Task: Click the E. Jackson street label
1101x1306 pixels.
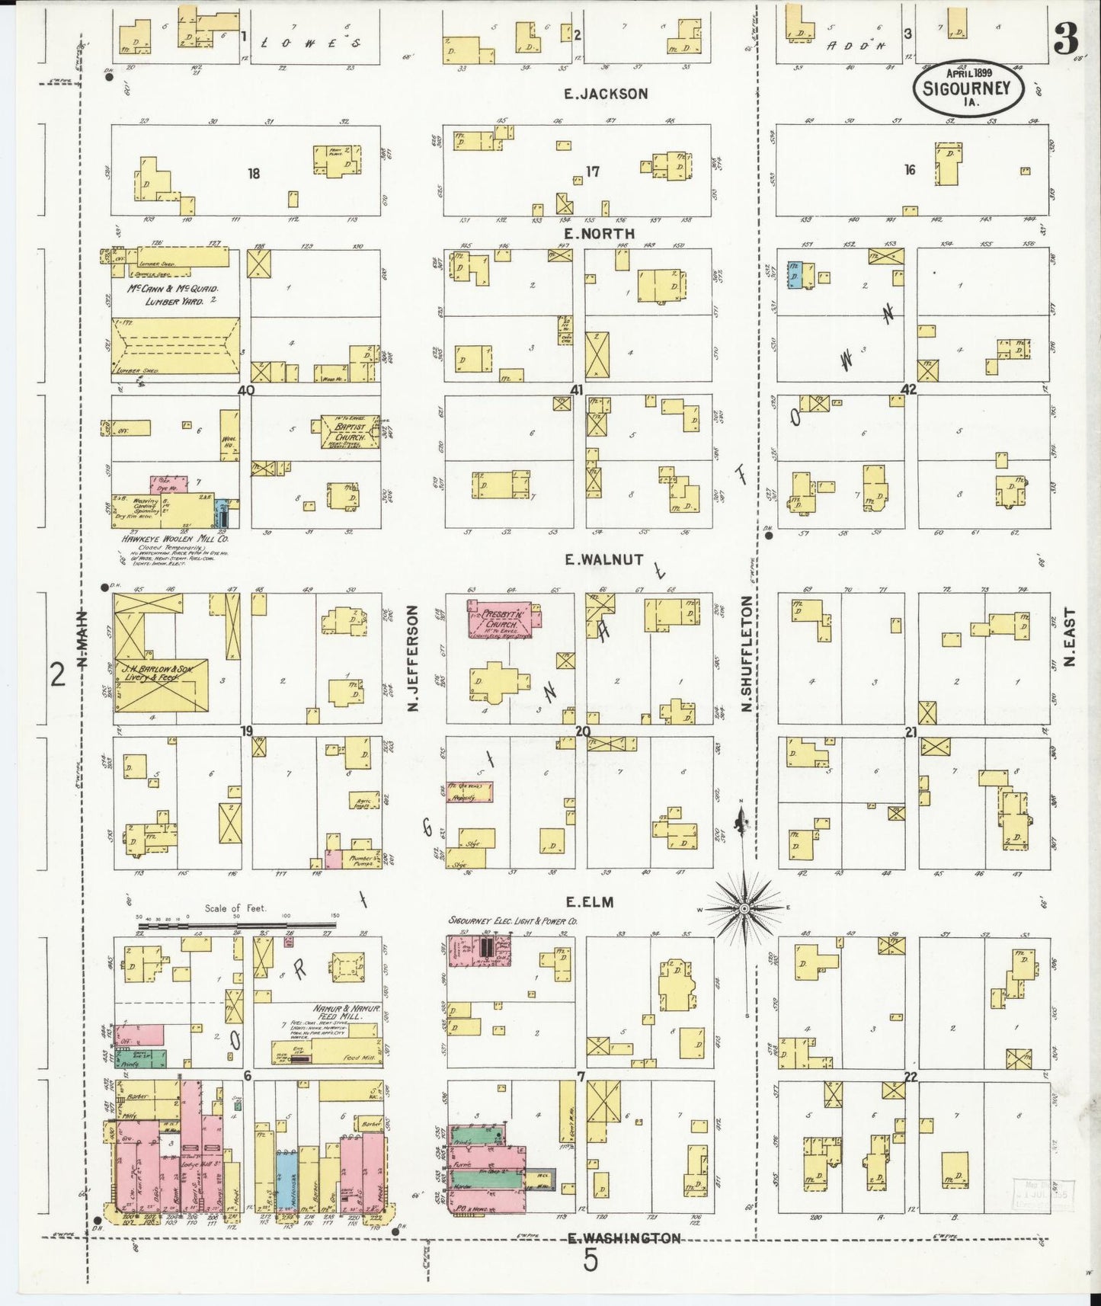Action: tap(606, 94)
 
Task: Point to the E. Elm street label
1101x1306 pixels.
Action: tap(590, 902)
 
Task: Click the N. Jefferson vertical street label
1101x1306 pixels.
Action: tap(414, 658)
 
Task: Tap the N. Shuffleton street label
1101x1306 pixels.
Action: tap(747, 654)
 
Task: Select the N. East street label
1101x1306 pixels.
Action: tap(1069, 637)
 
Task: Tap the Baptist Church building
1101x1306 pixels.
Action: tap(350, 431)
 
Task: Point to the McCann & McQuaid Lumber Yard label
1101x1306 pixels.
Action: tap(173, 295)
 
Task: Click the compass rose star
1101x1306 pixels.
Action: tap(744, 908)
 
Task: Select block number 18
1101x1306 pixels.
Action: tap(254, 174)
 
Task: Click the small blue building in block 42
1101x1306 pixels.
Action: tap(794, 276)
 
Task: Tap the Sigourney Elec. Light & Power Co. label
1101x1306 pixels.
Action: tap(512, 921)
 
